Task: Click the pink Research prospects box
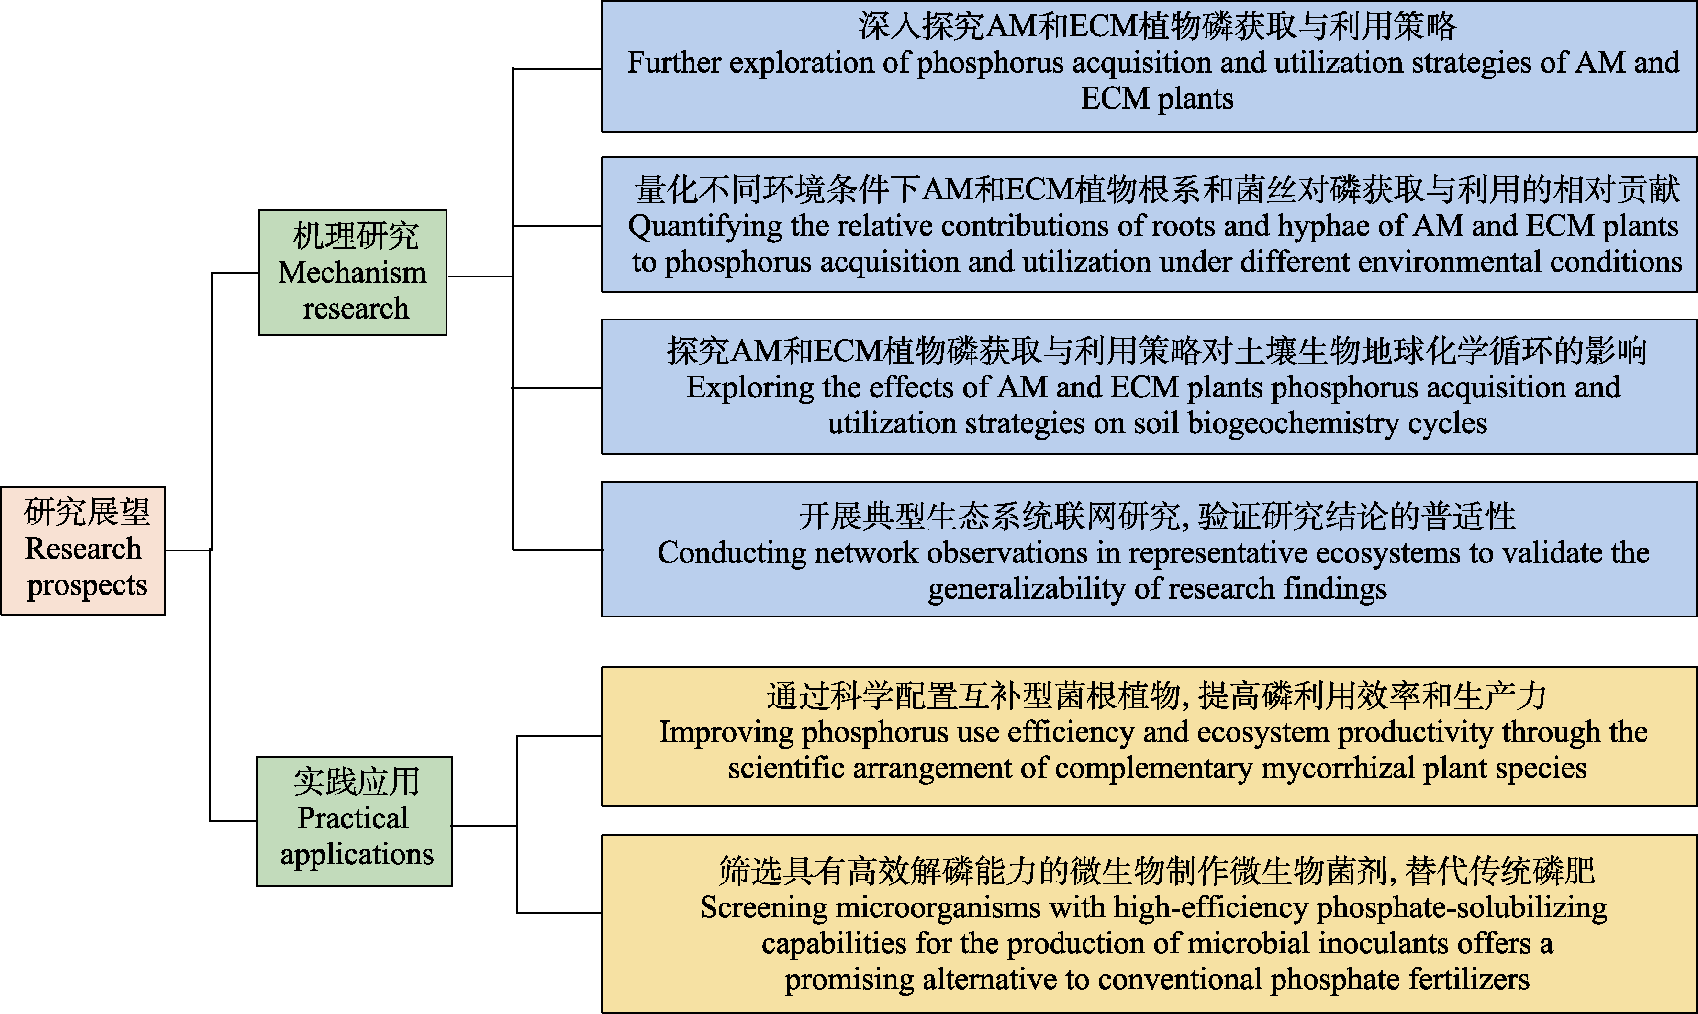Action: [83, 551]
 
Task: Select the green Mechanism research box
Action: [353, 272]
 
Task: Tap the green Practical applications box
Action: [355, 821]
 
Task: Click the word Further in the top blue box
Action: [674, 63]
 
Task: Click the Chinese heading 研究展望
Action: [87, 512]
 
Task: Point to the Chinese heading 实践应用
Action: [356, 782]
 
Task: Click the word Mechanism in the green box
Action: [353, 273]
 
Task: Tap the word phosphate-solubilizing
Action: [1462, 908]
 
